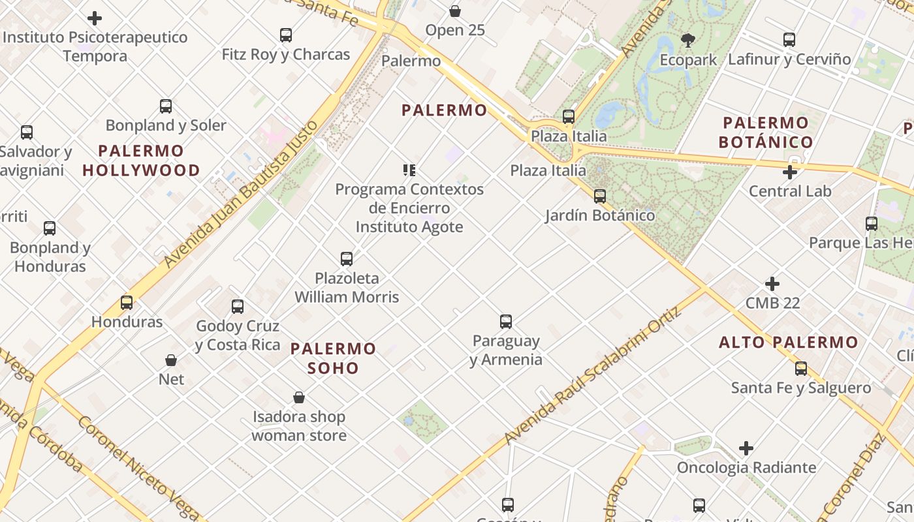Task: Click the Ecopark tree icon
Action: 687,40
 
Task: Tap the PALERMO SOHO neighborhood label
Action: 333,358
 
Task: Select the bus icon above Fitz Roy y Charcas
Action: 286,35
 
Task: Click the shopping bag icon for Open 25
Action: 455,11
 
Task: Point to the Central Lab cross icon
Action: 790,172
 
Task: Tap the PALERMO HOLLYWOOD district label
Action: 142,161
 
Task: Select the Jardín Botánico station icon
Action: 599,196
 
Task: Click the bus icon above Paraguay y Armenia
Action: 506,321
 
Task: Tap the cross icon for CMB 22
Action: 772,284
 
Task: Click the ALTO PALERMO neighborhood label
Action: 788,342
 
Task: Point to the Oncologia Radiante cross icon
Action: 746,448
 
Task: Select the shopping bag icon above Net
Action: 171,360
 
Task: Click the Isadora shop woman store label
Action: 299,425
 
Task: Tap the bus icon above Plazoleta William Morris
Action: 347,259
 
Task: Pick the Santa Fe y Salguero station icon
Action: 801,369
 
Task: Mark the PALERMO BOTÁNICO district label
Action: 766,132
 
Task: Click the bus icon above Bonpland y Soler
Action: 166,106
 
